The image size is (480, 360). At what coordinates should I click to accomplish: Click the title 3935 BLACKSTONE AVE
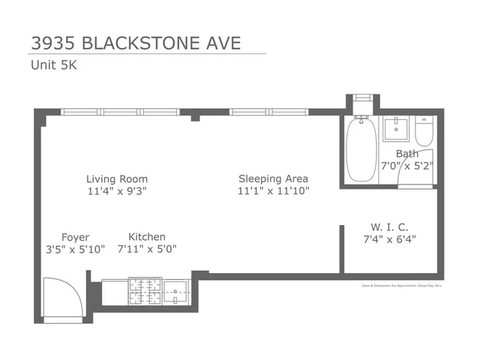136,42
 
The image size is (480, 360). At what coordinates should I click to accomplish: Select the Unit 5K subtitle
53,64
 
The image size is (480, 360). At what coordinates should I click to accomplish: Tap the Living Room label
116,179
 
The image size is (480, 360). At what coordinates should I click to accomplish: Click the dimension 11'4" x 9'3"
116,191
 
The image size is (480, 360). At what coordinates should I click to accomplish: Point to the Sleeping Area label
273,179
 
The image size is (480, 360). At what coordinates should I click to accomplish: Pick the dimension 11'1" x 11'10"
273,191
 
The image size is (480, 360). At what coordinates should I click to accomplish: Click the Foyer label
75,237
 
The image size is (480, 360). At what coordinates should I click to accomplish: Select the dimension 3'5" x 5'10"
75,249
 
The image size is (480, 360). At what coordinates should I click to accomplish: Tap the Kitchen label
147,237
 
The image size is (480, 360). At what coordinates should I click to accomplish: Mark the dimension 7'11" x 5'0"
147,249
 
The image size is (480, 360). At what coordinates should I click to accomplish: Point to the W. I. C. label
388,227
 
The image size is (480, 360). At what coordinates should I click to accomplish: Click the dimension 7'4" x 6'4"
388,239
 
